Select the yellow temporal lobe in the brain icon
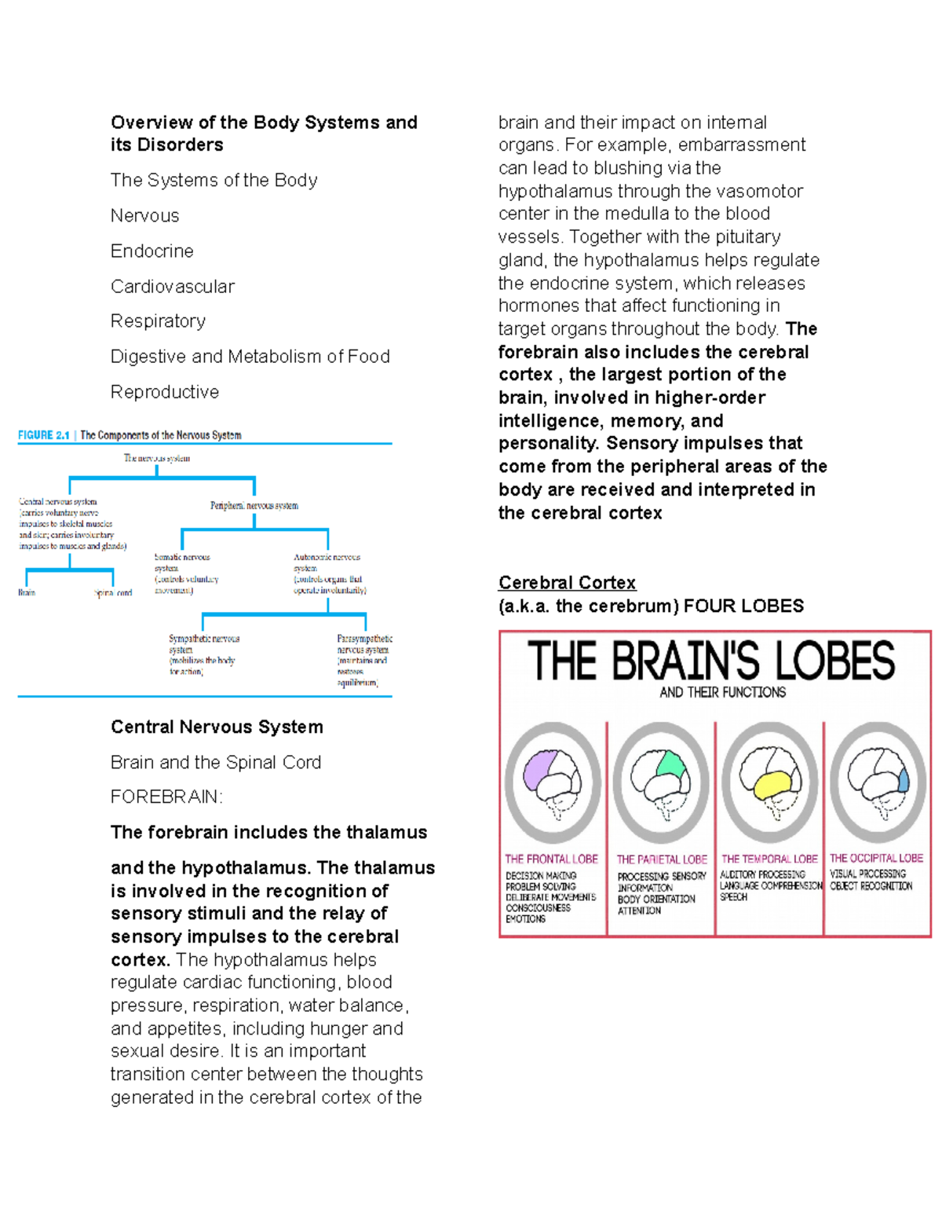(x=772, y=784)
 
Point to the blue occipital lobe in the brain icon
(x=903, y=780)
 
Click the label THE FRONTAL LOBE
(x=551, y=859)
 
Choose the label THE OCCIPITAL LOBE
(x=876, y=858)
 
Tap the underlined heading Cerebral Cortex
(x=567, y=582)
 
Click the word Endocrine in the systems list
(x=152, y=251)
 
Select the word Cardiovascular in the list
(x=172, y=286)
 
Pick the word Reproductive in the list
(x=164, y=391)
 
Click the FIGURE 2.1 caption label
(x=44, y=435)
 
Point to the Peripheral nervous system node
(x=254, y=505)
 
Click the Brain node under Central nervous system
(x=27, y=592)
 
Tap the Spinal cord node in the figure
(x=113, y=593)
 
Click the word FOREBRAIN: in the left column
(x=166, y=797)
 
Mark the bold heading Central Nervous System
(x=217, y=727)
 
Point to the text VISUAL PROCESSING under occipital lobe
(x=867, y=874)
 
